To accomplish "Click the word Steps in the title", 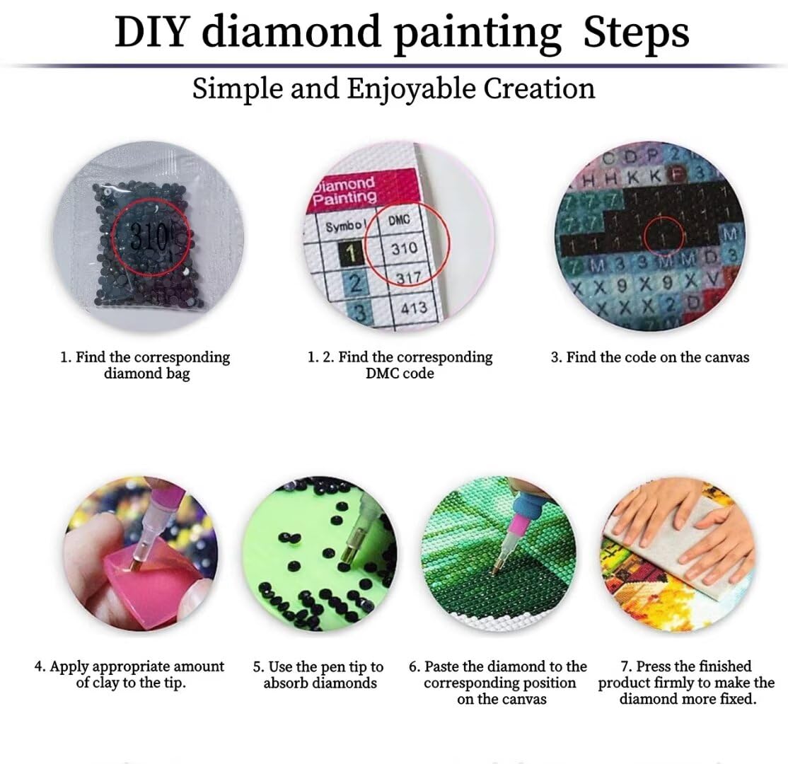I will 636,33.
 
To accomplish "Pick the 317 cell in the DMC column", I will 407,278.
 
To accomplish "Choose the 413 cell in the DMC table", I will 413,308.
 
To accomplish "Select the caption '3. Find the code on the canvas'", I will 649,357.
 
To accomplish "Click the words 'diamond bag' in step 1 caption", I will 146,374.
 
